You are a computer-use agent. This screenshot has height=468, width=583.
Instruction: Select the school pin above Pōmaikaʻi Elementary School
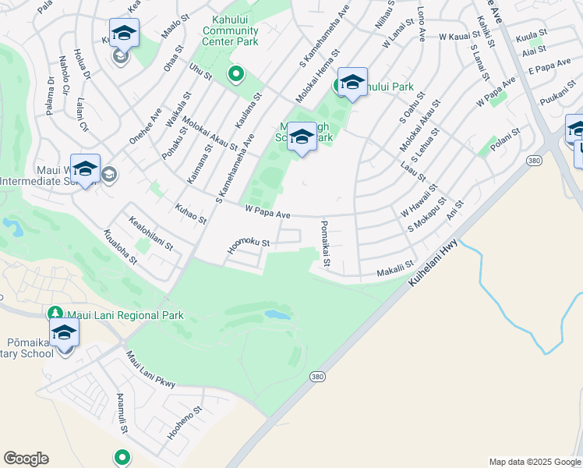click(x=65, y=334)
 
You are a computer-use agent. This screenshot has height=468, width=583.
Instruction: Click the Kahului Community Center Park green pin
click(x=235, y=74)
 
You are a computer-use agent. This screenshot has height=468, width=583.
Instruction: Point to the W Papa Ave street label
click(x=267, y=211)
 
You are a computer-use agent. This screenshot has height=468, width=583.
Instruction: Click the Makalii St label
click(x=394, y=268)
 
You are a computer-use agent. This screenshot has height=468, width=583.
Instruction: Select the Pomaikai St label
click(x=324, y=243)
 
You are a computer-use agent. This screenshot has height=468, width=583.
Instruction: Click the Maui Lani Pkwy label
click(x=151, y=369)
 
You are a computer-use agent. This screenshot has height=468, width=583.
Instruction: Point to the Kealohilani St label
click(x=151, y=234)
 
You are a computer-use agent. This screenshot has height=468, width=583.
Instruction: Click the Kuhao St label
click(x=191, y=214)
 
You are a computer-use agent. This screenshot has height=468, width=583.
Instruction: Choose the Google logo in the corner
click(x=26, y=459)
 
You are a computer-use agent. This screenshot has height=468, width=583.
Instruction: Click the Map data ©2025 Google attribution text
click(x=535, y=462)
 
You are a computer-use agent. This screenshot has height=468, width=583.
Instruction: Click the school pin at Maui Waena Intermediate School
click(x=85, y=168)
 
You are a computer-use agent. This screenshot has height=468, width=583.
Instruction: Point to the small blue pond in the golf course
click(x=277, y=315)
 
